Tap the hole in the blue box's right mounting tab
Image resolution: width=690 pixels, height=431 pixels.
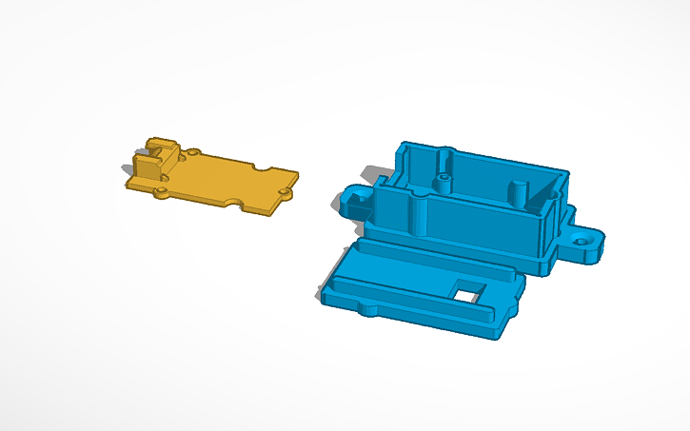tap(582, 241)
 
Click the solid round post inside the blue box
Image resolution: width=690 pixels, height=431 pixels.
tap(520, 191)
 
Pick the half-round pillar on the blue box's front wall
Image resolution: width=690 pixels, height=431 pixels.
tap(418, 211)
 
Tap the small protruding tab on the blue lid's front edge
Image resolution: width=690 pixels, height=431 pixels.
tap(365, 309)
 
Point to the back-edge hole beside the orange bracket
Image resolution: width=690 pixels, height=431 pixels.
tap(194, 152)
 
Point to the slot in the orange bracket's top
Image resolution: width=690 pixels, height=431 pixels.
tap(160, 146)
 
